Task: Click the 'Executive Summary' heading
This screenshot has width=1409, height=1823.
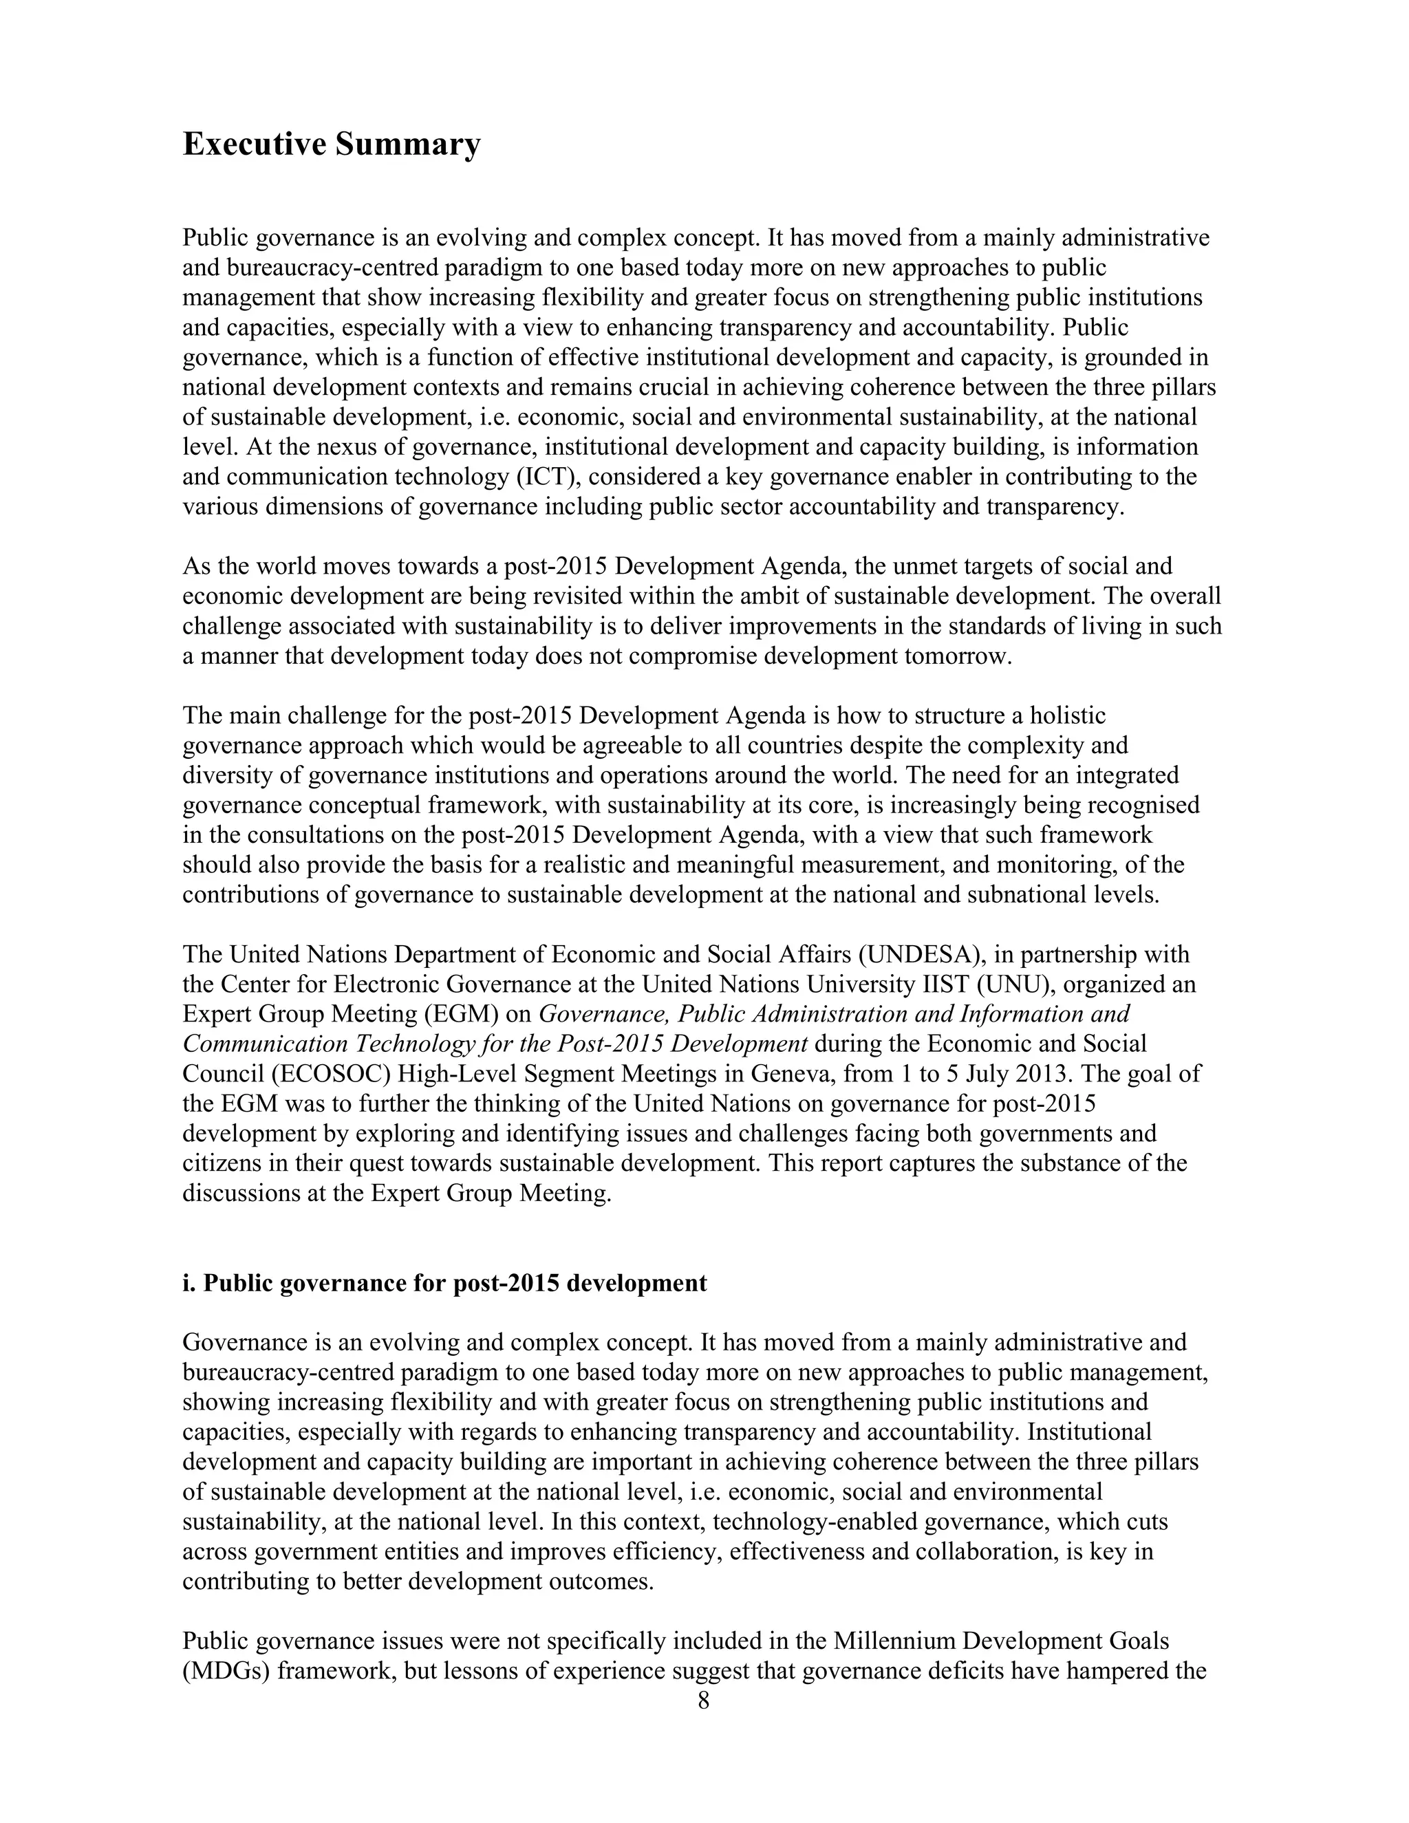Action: click(332, 144)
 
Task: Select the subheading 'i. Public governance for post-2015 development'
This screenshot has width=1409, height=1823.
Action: click(444, 1283)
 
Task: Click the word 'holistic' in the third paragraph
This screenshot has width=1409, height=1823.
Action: click(1068, 716)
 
